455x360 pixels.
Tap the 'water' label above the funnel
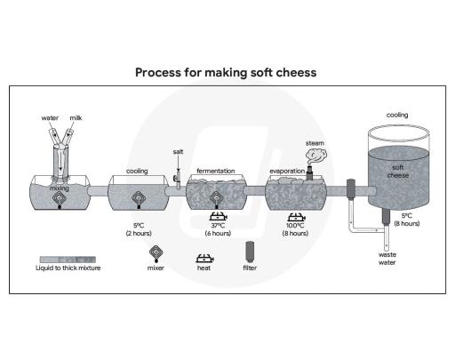[51, 117]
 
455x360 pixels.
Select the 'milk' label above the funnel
[76, 117]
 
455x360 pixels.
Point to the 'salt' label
[178, 152]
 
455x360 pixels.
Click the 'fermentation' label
[215, 170]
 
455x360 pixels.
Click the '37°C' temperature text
[216, 225]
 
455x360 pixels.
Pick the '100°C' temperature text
[296, 225]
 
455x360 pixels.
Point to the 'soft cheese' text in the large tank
[397, 171]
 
